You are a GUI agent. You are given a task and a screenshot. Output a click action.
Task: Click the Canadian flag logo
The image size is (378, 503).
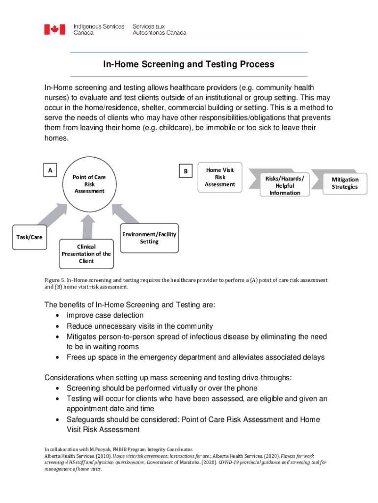tap(54, 29)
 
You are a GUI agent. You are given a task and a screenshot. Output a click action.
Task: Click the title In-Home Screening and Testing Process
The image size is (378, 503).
tap(189, 64)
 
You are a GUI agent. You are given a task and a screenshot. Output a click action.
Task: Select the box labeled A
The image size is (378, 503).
tap(50, 170)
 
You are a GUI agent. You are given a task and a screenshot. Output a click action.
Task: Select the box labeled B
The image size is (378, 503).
tap(185, 171)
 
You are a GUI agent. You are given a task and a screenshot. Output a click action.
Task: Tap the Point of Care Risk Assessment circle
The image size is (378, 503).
tap(89, 184)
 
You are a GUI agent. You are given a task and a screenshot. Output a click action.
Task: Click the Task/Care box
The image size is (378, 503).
tap(29, 237)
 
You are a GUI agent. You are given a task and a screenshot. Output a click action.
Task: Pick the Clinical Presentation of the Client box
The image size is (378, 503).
tap(86, 253)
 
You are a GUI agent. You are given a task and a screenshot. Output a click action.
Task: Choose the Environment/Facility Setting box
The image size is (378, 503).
tap(149, 238)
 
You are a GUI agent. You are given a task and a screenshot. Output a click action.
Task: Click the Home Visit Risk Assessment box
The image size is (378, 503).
tap(220, 177)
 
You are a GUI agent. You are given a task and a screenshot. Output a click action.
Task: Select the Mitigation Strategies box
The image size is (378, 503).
tap(345, 183)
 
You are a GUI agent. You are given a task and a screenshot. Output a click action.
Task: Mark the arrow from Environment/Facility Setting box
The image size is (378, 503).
tap(124, 215)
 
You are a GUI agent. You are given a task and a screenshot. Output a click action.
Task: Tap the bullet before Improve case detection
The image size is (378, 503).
tap(59, 316)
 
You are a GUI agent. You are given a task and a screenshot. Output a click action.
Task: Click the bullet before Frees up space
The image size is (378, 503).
tap(59, 357)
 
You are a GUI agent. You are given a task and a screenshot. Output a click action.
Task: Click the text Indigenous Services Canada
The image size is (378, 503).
tap(99, 29)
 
